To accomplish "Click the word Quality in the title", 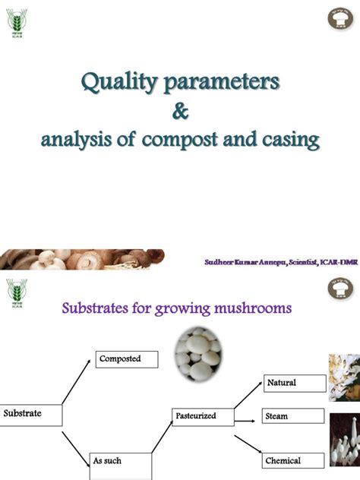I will (117, 81).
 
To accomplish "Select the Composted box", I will (127, 358).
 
